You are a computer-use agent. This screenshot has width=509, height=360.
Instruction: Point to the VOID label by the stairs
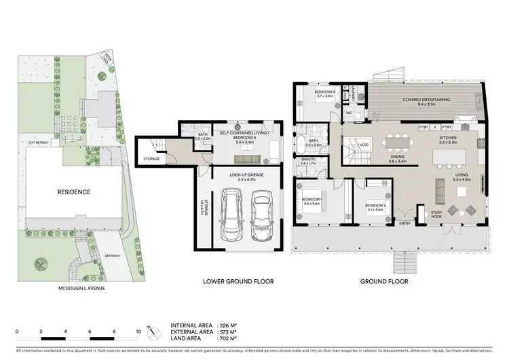(x=364, y=144)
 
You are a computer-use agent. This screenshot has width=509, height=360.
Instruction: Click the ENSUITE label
(x=309, y=161)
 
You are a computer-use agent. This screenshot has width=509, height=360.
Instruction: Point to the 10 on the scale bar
(x=138, y=331)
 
